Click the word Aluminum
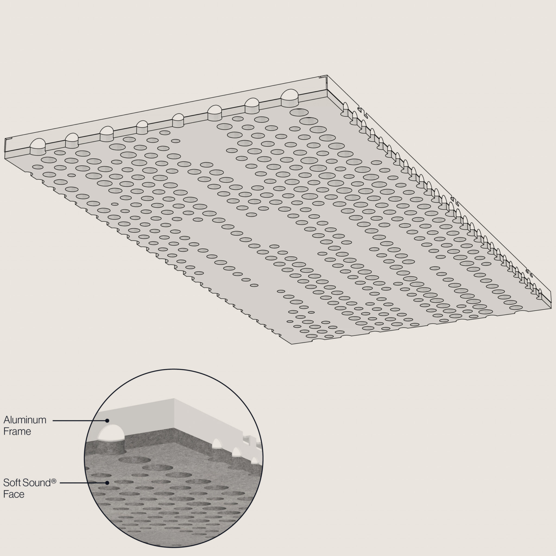[x=25, y=420]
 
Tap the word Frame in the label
[x=17, y=431]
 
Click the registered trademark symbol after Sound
[x=54, y=481]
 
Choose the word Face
[x=14, y=494]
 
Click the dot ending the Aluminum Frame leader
[x=107, y=421]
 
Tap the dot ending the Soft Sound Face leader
[x=107, y=483]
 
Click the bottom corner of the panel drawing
[x=292, y=344]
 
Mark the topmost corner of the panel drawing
[x=327, y=75]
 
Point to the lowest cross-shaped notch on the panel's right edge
[x=529, y=272]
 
